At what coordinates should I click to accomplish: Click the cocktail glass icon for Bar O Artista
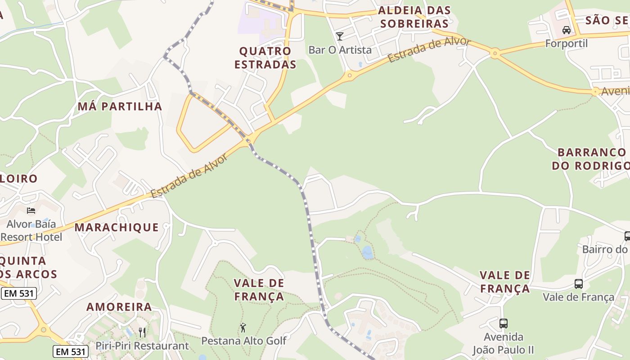340,36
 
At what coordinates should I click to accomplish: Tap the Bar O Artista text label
340,49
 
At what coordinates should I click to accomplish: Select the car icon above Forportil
567,30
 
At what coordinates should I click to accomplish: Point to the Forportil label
567,44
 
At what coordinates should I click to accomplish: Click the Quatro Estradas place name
265,58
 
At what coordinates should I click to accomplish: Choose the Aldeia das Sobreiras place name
414,17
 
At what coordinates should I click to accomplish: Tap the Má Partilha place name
120,106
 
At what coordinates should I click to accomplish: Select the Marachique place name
117,227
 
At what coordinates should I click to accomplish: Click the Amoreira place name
119,307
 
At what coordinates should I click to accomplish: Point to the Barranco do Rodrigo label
591,159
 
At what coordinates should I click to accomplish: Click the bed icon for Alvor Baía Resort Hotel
31,210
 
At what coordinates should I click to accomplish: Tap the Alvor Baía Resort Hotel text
31,230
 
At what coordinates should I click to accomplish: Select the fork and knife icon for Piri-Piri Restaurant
142,333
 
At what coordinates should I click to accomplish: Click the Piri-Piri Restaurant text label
142,346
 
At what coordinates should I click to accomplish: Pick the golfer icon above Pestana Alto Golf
243,328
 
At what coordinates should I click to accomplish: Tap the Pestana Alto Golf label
243,341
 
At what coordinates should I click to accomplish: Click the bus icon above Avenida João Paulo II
504,323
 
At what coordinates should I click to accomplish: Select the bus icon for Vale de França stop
579,284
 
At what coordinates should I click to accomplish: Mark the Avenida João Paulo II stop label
504,343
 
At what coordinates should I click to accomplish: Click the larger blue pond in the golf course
368,252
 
